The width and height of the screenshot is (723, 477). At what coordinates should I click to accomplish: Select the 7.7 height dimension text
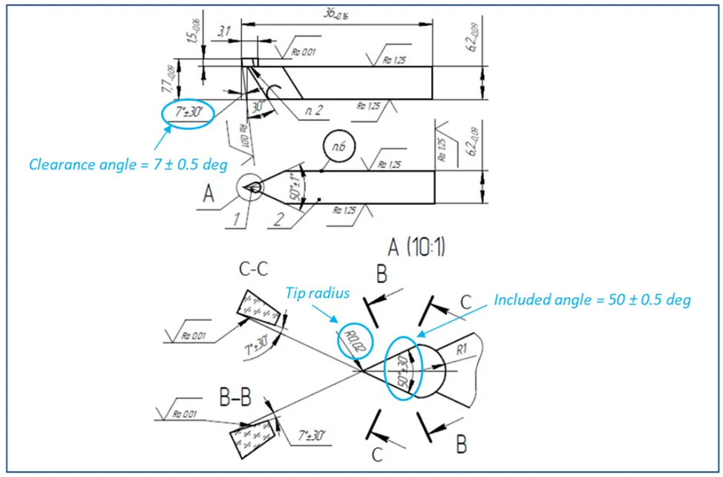click(171, 77)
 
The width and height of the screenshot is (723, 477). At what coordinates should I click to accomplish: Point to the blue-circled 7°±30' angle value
click(187, 113)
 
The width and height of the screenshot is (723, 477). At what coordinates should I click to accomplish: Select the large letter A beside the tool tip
click(209, 194)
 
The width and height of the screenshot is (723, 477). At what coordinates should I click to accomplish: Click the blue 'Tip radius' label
click(316, 293)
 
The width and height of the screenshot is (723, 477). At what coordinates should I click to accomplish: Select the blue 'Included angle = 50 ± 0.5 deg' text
click(592, 300)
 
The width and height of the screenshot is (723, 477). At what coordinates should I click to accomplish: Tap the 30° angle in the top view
click(258, 108)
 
